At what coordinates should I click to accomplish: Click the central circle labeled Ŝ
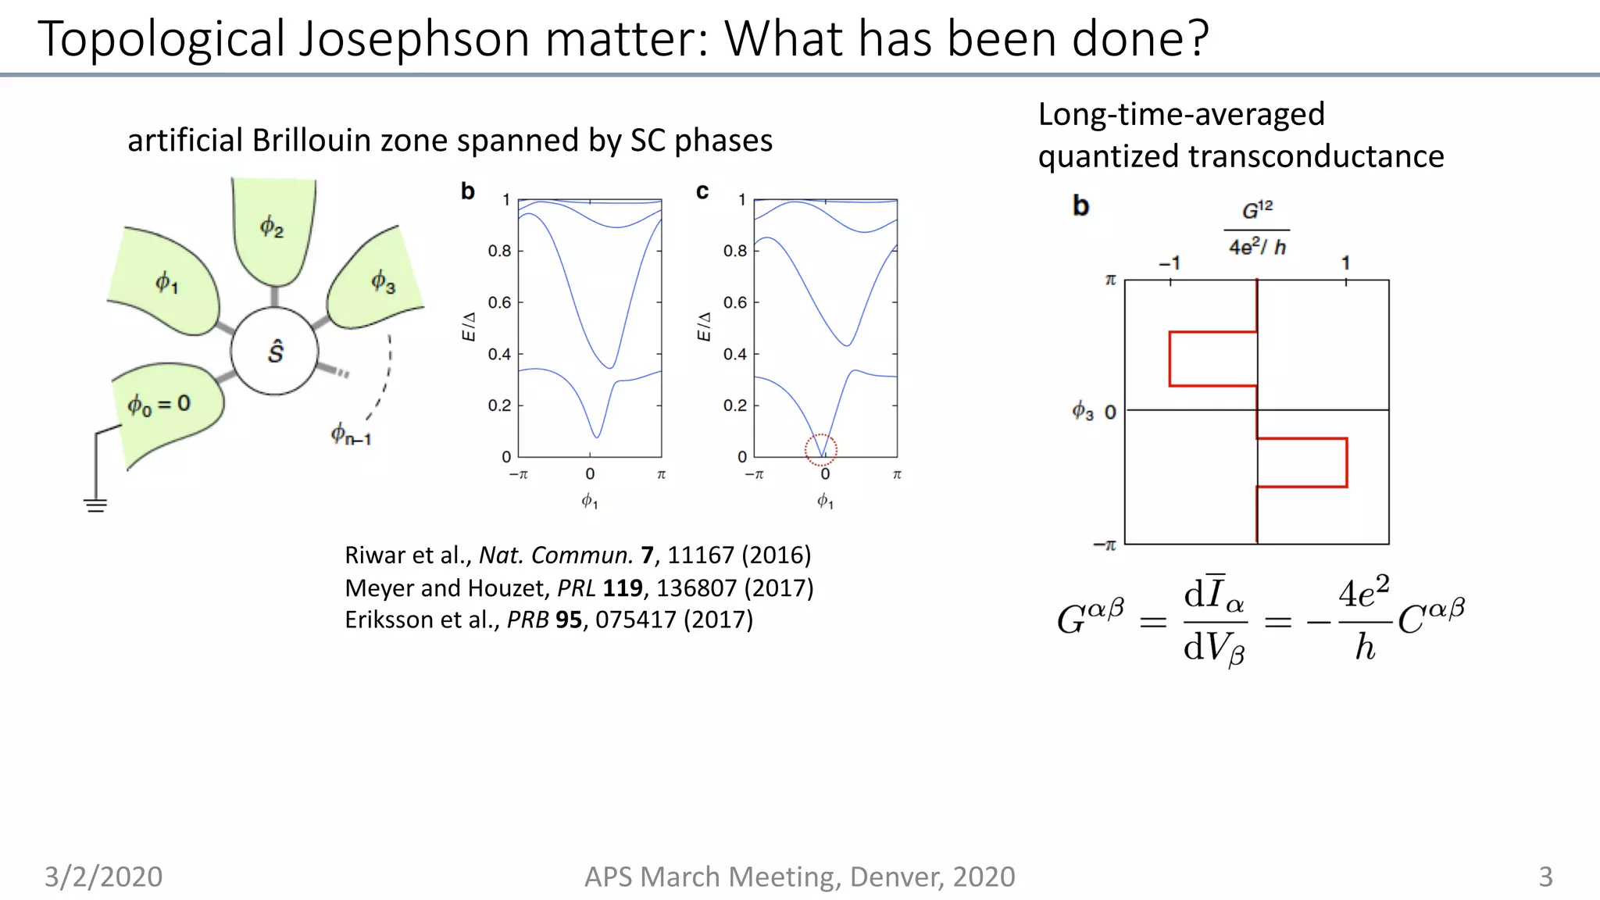tap(275, 351)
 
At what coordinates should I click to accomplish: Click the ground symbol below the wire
tap(95, 505)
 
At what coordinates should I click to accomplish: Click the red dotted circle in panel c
tap(821, 449)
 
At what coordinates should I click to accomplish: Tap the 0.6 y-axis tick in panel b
tap(499, 302)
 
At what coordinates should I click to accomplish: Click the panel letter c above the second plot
tap(702, 191)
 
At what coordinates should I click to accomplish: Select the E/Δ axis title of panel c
tap(704, 327)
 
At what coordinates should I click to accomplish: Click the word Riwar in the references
tap(375, 555)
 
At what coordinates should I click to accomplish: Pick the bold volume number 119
tap(623, 587)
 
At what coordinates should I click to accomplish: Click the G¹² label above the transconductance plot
tap(1257, 210)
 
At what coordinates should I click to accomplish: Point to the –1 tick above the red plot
tap(1170, 263)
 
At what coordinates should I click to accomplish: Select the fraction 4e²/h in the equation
tap(1363, 620)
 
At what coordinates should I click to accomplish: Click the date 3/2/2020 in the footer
tap(103, 877)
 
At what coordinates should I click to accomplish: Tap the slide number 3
tap(1545, 877)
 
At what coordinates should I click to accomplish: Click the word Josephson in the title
tap(415, 39)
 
